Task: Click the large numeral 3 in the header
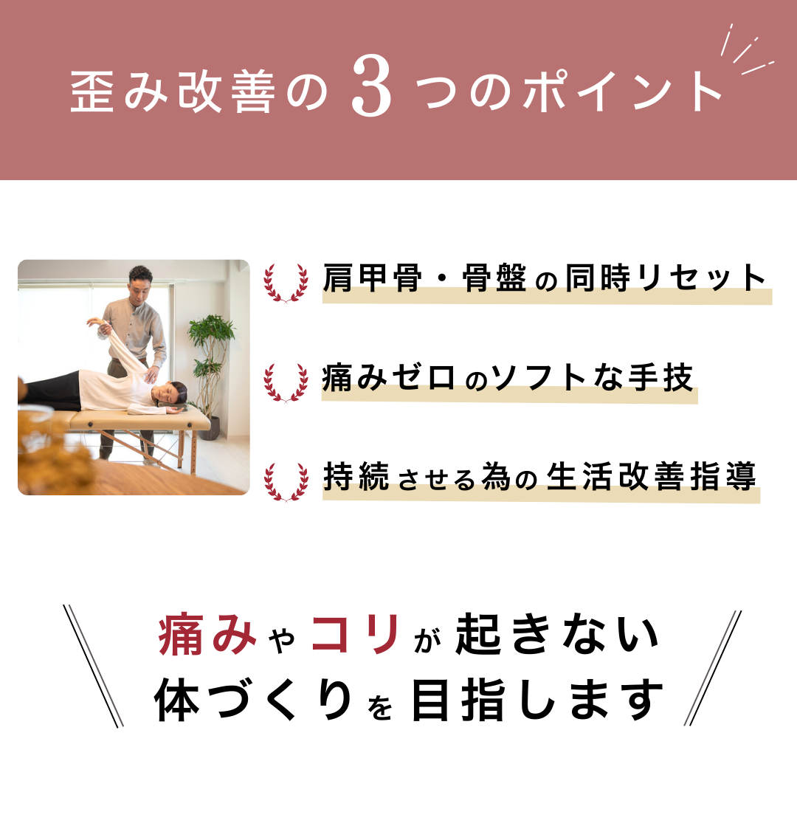pos(371,87)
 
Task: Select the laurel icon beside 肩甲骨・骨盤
pos(286,283)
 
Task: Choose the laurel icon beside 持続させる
pos(286,482)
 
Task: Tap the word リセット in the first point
pos(701,278)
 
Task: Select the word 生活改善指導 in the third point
pos(652,477)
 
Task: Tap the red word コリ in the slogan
pos(356,634)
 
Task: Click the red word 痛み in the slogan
pos(207,634)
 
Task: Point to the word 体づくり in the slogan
pos(253,700)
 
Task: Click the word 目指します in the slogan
pos(537,700)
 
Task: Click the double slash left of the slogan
pos(93,666)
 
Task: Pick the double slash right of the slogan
pos(713,668)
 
